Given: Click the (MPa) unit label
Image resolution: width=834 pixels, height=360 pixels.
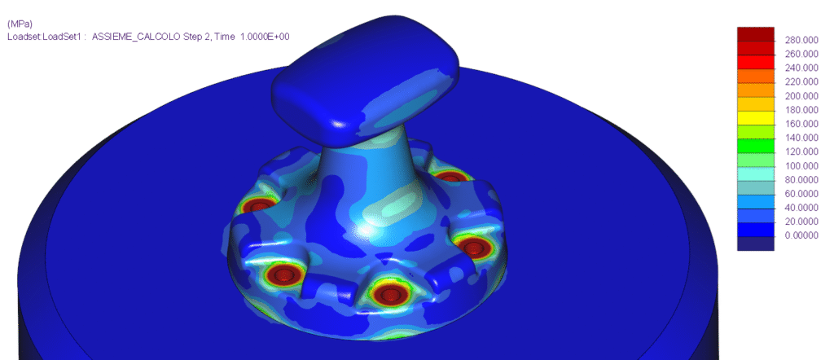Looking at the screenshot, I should coord(19,24).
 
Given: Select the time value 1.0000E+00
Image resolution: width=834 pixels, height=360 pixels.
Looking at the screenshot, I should coord(259,37).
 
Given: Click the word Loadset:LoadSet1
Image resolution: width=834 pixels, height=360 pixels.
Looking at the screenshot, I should coord(44,37).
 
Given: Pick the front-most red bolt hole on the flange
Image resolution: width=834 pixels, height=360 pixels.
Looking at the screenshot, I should coord(389,293).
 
